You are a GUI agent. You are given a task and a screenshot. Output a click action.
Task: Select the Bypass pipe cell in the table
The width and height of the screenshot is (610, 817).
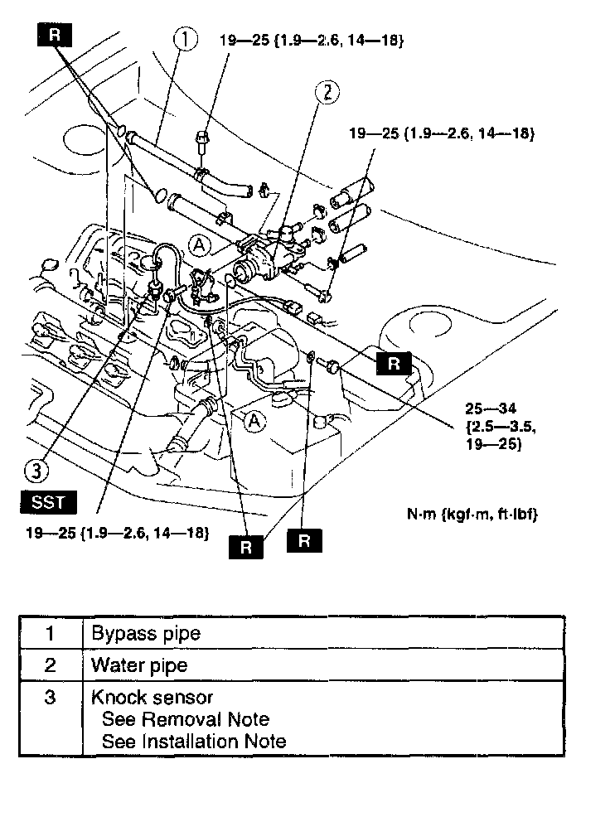coord(146,634)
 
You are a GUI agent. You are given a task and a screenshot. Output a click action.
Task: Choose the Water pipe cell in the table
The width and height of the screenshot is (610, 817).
coord(139,665)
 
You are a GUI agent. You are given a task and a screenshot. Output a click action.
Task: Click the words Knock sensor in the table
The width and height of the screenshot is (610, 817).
coord(152,697)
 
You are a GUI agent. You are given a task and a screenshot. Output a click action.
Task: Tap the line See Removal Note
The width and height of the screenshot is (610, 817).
coord(185,718)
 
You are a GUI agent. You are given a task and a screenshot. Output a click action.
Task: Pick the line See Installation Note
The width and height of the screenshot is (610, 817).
coord(194,741)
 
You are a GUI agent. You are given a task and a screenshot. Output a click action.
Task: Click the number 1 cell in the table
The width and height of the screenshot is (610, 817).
coord(51,634)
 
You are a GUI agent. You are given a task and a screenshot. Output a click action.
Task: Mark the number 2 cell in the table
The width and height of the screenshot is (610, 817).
coord(51,665)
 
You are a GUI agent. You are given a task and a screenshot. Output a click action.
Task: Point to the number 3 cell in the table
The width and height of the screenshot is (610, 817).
coord(51,697)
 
